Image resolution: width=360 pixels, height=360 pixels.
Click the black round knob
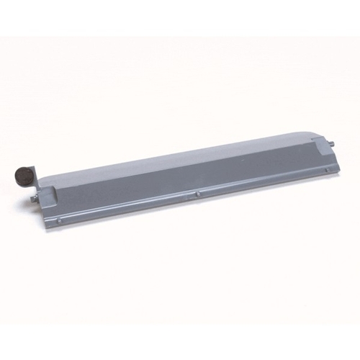[22, 175]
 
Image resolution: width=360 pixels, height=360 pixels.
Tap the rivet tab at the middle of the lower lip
[198, 193]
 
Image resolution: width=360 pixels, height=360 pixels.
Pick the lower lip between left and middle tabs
[130, 207]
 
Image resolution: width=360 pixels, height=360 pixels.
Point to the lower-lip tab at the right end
[330, 168]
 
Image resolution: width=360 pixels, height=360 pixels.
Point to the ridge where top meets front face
[180, 166]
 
